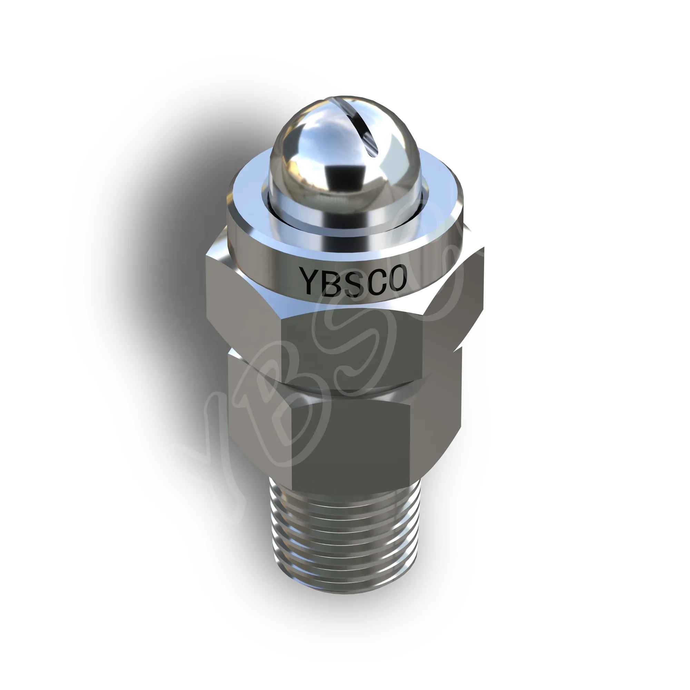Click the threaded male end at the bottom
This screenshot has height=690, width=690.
pos(345,536)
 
